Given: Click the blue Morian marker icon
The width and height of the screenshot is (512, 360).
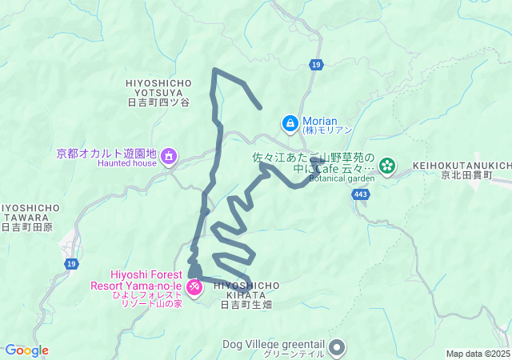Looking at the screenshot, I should [x=290, y=123].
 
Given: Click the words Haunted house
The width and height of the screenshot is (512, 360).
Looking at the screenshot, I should [x=127, y=163].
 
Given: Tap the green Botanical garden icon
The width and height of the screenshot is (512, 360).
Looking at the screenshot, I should [x=388, y=166].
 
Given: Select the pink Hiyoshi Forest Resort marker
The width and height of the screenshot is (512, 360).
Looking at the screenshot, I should [x=194, y=286].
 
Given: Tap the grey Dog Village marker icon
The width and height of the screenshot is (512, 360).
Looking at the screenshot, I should [x=337, y=346].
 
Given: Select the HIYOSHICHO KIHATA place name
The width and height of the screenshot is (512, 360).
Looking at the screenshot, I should [x=247, y=289].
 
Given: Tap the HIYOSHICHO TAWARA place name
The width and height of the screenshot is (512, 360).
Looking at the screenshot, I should [x=29, y=212].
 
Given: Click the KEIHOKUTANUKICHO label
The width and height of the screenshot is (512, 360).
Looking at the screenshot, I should [x=462, y=166].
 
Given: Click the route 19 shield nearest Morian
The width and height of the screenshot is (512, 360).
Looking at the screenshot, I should [x=316, y=64].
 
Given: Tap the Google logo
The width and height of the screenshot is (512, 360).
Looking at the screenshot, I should [x=26, y=350].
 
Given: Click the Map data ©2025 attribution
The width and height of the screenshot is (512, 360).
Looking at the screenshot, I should [x=477, y=354].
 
